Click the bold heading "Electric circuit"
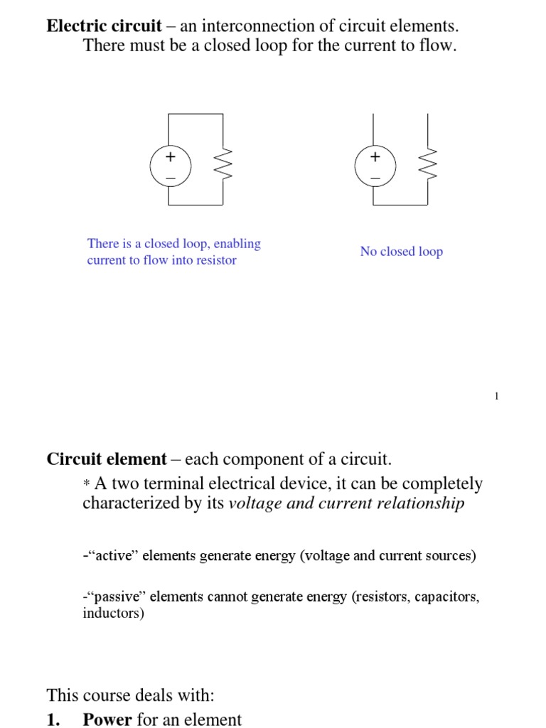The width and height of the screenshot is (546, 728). pyautogui.click(x=103, y=26)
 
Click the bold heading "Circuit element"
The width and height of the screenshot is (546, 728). pyautogui.click(x=107, y=459)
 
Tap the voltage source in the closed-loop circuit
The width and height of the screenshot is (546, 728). pyautogui.click(x=170, y=166)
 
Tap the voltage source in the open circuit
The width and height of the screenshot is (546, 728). pyautogui.click(x=375, y=166)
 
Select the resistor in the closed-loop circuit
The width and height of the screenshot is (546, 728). pyautogui.click(x=223, y=166)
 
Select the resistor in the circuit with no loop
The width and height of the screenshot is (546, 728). pyautogui.click(x=428, y=166)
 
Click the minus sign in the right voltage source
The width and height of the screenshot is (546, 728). pyautogui.click(x=375, y=176)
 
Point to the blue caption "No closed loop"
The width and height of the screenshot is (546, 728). pyautogui.click(x=401, y=252)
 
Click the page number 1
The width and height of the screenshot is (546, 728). pyautogui.click(x=497, y=396)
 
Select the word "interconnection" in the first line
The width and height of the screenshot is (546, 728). pyautogui.click(x=255, y=26)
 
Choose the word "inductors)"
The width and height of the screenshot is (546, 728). pyautogui.click(x=113, y=613)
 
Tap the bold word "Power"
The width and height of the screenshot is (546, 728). pyautogui.click(x=107, y=719)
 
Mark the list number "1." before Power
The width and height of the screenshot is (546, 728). pyautogui.click(x=54, y=719)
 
